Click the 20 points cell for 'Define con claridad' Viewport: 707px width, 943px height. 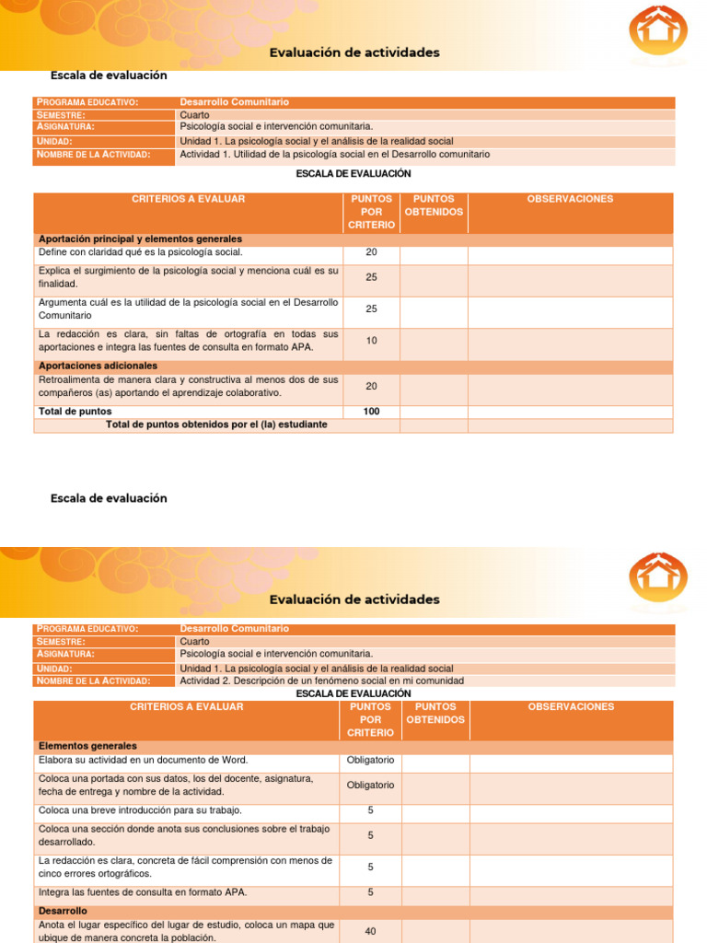[371, 252]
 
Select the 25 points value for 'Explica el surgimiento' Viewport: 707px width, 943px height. [371, 277]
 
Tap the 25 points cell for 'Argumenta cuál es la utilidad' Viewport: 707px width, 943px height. [371, 309]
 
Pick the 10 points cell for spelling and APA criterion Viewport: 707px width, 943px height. [371, 341]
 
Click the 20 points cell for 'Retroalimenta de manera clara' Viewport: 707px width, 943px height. [371, 386]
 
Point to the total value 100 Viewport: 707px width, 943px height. [371, 412]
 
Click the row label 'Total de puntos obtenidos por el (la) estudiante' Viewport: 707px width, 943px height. [216, 425]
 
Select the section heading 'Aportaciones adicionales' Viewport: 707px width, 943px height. [98, 366]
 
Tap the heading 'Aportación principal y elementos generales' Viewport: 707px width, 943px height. [140, 239]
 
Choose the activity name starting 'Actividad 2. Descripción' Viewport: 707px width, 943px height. [321, 681]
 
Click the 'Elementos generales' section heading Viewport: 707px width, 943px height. [87, 746]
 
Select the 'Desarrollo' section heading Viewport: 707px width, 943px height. [63, 911]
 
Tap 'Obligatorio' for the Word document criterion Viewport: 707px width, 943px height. [370, 760]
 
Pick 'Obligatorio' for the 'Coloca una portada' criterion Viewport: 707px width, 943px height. [370, 786]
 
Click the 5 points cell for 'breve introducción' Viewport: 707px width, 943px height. [370, 810]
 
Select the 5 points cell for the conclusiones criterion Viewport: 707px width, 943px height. [370, 835]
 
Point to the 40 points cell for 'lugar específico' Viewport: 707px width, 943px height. [370, 931]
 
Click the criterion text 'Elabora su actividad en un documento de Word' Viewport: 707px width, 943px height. [143, 760]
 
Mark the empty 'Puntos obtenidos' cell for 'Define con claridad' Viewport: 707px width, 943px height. [434, 252]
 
